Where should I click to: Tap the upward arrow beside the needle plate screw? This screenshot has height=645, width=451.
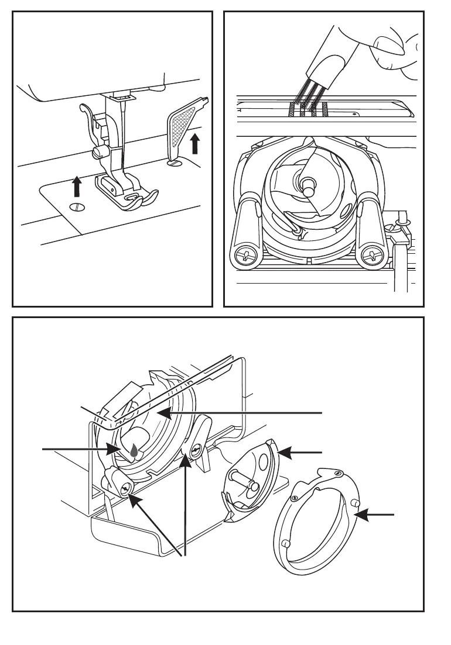76,188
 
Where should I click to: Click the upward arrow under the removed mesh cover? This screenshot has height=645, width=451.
195,143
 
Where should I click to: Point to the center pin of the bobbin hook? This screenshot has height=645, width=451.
305,183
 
